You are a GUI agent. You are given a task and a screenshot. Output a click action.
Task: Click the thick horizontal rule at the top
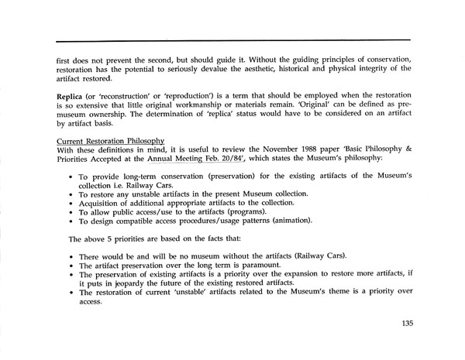click(232, 39)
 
